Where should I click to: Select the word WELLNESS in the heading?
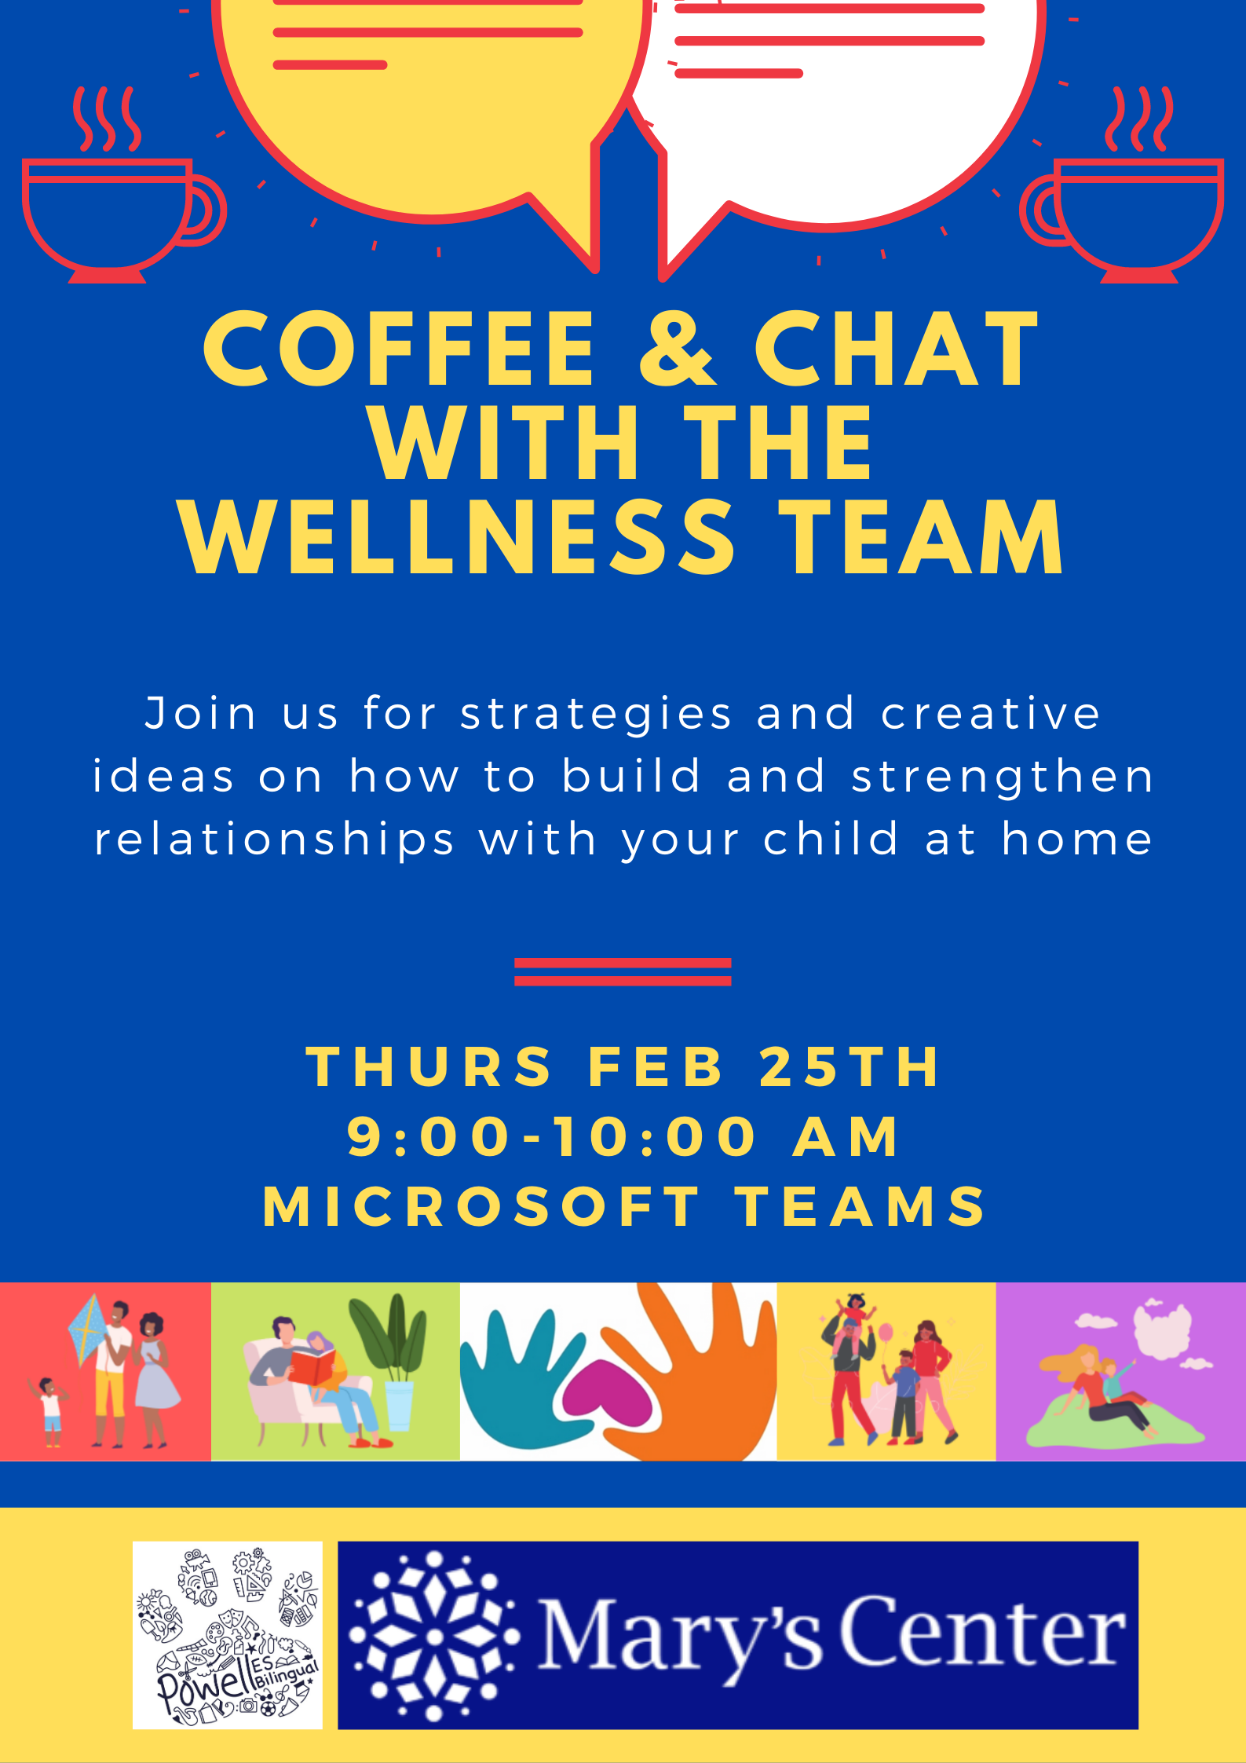457,537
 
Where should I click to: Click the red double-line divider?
623,971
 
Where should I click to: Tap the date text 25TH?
850,1067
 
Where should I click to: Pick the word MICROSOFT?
480,1206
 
